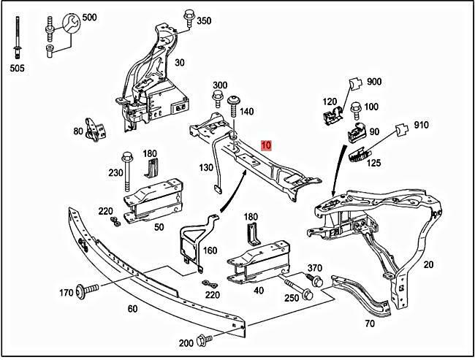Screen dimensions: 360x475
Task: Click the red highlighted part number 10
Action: pyautogui.click(x=267, y=146)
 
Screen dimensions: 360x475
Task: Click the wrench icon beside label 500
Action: pyautogui.click(x=70, y=25)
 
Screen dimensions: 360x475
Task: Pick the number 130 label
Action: pyautogui.click(x=207, y=167)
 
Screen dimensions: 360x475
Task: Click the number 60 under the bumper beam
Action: pyautogui.click(x=132, y=308)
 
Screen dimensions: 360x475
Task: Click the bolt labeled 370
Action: pyautogui.click(x=316, y=280)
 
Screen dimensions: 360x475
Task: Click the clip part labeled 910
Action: pyautogui.click(x=400, y=129)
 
